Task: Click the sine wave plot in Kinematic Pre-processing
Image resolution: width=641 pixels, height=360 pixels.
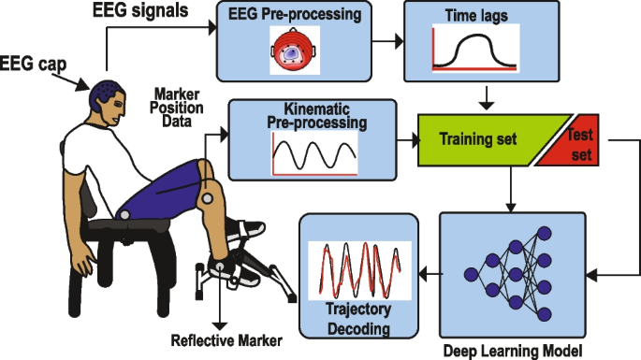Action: coord(313,151)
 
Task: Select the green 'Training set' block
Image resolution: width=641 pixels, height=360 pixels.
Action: coord(479,141)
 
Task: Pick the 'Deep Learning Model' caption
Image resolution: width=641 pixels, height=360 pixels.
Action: coord(514,351)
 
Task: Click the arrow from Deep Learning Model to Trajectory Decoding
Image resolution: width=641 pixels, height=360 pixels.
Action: coord(429,273)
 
